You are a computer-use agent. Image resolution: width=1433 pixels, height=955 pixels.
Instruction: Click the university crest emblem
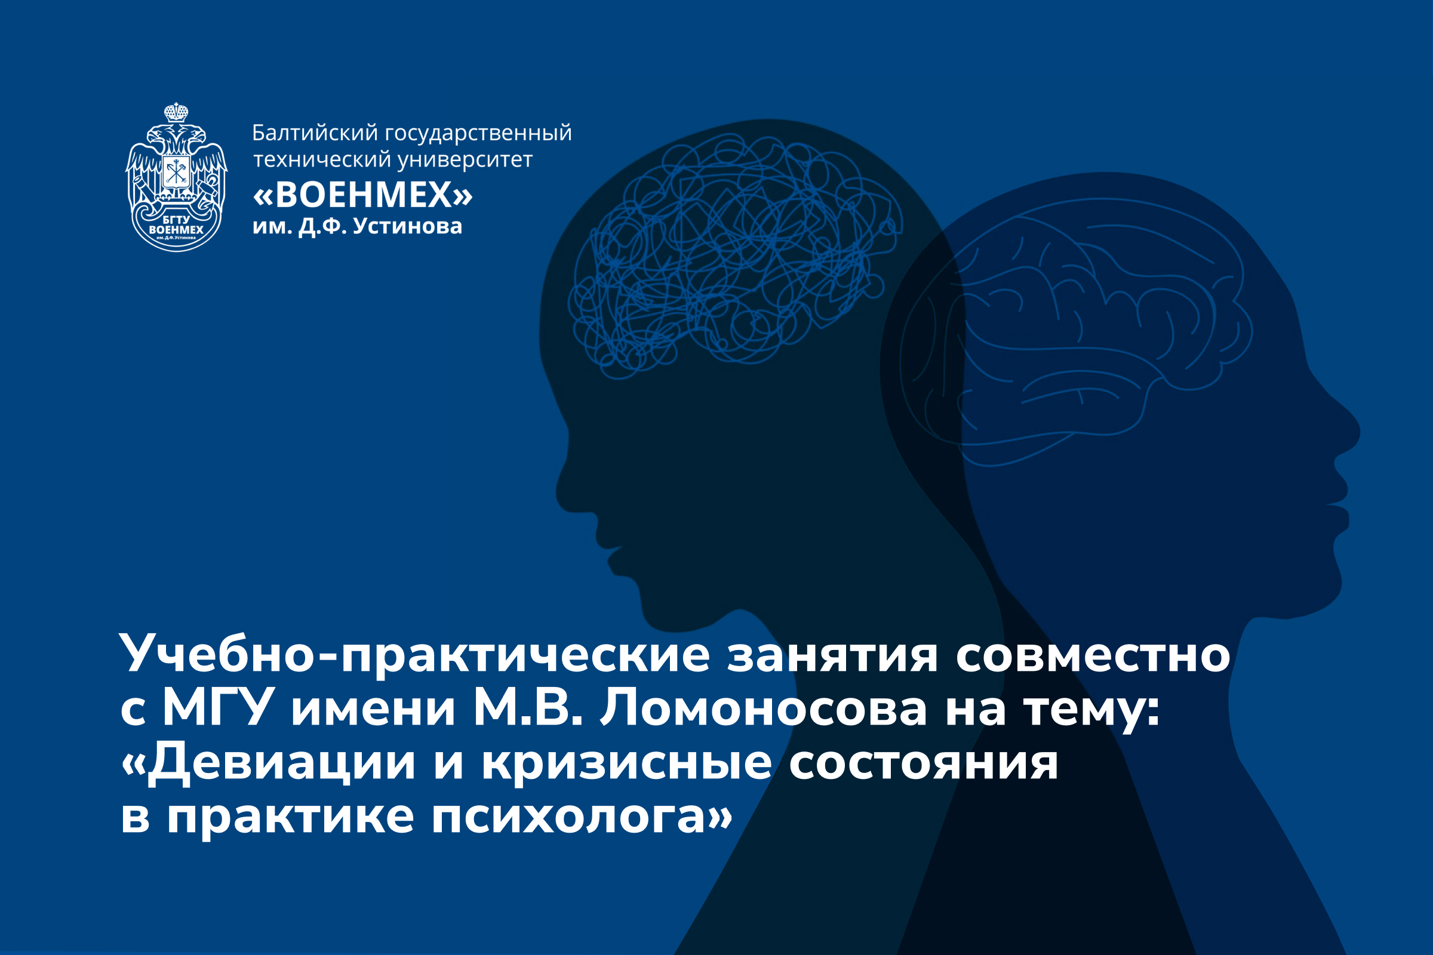point(176,177)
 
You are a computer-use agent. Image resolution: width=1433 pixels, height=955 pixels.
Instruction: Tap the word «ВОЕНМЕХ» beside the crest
point(362,195)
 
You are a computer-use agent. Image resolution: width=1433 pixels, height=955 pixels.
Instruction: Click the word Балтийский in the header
point(315,133)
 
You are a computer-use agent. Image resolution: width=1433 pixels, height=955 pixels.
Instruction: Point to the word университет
point(466,161)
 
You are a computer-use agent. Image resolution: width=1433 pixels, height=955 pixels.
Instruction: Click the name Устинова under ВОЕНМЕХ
point(408,227)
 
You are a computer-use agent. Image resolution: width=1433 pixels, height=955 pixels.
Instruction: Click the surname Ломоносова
point(764,708)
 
